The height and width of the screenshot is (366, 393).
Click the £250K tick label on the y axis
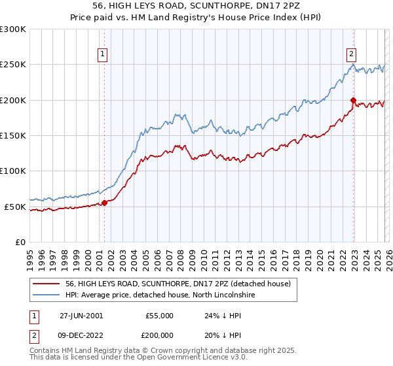click(13, 65)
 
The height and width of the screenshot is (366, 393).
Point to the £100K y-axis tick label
click(13, 171)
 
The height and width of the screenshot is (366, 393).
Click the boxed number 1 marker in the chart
click(103, 54)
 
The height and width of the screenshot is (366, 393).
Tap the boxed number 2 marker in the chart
click(352, 54)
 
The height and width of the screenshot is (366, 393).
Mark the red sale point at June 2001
click(104, 203)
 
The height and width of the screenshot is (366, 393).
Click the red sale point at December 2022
click(353, 101)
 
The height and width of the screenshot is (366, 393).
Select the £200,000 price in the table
click(159, 335)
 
